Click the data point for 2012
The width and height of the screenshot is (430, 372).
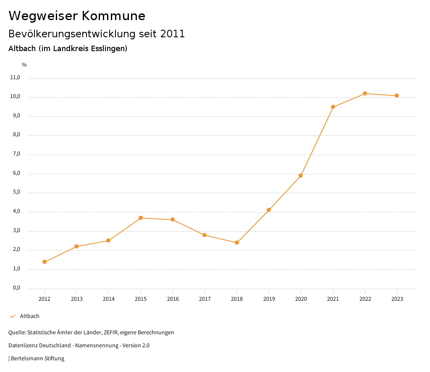[x=45, y=262]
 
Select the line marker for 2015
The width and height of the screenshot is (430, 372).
[x=141, y=218]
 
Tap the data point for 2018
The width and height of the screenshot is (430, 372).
[x=237, y=243]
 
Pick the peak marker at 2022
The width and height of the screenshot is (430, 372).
[x=365, y=93]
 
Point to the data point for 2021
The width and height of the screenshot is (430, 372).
[x=333, y=107]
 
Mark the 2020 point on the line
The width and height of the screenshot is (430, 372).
[x=301, y=176]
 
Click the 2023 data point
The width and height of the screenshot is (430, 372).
[x=397, y=96]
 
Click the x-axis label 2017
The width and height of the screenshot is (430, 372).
[x=205, y=299]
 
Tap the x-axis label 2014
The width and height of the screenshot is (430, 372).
[x=109, y=299]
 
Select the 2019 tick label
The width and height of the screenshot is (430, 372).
[x=269, y=299]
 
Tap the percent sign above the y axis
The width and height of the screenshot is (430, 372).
[x=24, y=65]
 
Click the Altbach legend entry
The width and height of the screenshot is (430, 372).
[x=29, y=316]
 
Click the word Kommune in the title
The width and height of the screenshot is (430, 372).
[x=113, y=16]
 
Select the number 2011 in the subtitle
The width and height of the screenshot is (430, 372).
[x=173, y=34]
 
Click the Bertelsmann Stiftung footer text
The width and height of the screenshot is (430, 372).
[x=37, y=358]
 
